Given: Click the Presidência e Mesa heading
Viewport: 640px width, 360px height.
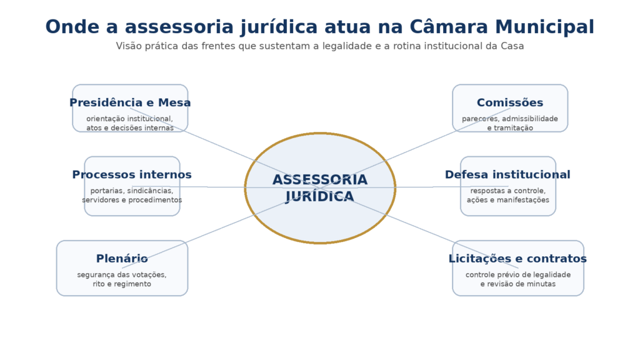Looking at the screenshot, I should click(130, 102).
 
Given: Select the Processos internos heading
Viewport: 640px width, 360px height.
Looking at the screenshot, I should click(132, 174).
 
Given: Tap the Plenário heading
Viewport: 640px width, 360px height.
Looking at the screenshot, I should click(122, 258).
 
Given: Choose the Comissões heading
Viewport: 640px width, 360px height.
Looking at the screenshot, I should click(510, 102).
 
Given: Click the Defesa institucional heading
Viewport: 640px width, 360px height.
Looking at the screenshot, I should click(507, 174).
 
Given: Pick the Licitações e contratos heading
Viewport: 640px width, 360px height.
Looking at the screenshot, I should click(517, 258).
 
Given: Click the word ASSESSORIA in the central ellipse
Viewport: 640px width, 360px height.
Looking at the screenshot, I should click(320, 180).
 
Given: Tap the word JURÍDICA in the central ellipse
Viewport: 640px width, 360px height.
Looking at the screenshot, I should click(320, 196).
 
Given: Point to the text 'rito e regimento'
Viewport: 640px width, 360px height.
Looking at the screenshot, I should click(122, 284).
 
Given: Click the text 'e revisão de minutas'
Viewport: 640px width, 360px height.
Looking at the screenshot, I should click(517, 284).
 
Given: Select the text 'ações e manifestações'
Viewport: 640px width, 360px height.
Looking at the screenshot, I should click(507, 200).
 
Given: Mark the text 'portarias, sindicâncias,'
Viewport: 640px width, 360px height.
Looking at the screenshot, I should click(132, 191).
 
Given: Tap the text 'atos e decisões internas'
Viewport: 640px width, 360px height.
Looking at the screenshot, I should click(130, 128).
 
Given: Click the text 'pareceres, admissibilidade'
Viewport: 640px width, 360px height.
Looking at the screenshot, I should click(510, 119).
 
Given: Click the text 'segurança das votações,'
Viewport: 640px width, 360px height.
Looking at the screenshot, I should click(122, 274).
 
